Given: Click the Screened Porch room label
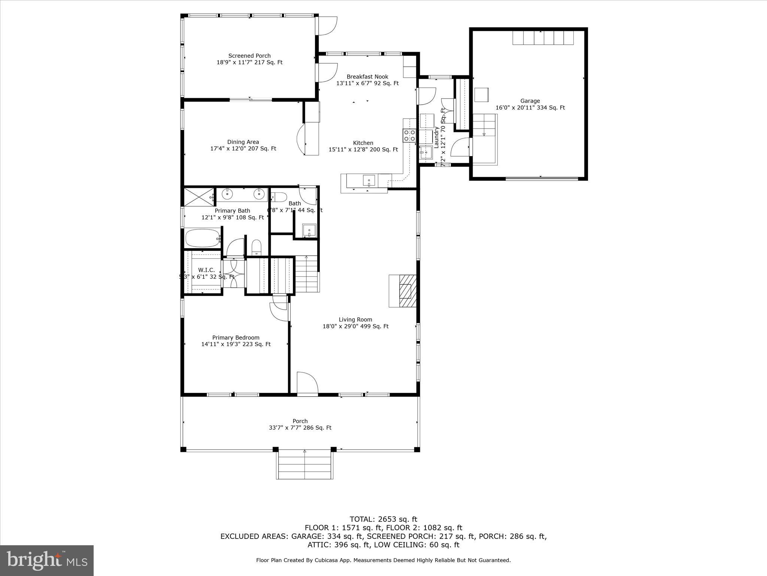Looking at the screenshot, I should coord(249,56).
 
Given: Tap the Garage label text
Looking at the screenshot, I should coord(530,101).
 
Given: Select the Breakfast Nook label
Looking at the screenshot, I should coord(367,77).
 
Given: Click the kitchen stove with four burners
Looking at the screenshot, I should coord(409,135).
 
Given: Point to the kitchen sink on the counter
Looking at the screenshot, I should coord(369,181).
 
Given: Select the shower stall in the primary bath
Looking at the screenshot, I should coord(198,197).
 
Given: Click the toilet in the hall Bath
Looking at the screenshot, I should coord(279,197).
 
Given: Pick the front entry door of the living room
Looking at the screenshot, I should coord(307,383).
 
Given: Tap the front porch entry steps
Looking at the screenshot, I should coord(305,465).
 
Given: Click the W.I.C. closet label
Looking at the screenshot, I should coord(206,270).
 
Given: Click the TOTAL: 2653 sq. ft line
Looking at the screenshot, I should coord(383,519).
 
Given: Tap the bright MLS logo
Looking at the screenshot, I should coord(47,560).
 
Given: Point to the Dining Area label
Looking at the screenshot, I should coord(243,142).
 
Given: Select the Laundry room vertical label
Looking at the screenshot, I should coord(436,137).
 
